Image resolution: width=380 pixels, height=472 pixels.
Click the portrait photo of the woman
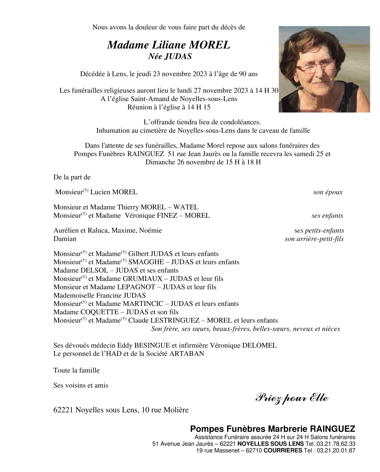324,69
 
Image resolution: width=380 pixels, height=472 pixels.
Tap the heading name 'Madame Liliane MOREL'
168,45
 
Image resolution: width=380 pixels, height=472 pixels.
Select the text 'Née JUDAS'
170,56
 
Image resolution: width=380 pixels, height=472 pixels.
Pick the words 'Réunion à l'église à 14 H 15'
169,107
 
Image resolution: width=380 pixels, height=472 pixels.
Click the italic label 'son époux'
328,192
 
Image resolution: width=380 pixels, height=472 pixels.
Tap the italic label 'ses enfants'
327,216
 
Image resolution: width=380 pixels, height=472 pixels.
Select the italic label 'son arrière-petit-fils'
314,239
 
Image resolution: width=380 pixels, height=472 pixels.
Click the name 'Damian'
65,239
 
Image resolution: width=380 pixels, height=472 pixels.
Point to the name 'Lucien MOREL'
114,192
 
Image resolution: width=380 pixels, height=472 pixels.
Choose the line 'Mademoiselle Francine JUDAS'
100,295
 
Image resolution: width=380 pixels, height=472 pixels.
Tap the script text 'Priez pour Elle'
292,398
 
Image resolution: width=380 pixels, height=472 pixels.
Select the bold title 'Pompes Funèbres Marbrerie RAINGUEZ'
272,429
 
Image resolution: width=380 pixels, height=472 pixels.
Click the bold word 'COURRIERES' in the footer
283,451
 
